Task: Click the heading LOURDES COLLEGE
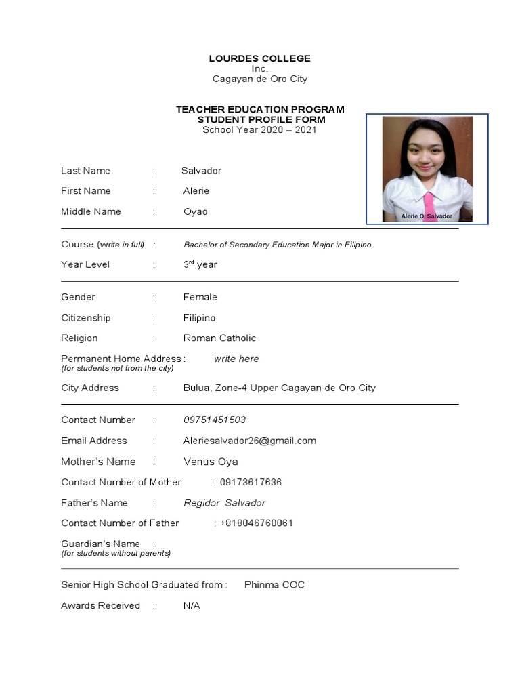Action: (260, 58)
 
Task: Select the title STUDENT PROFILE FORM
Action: (261, 119)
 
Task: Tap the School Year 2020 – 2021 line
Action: (260, 129)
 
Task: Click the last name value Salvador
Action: (201, 171)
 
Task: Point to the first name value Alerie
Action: (196, 191)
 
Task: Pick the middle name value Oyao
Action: (196, 211)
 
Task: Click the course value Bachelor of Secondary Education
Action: (278, 245)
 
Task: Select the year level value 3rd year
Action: (200, 264)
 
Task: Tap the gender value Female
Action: (200, 297)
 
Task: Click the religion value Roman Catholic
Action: (219, 338)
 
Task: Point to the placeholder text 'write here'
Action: (236, 359)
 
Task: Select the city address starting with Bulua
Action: (279, 388)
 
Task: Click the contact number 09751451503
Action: (215, 420)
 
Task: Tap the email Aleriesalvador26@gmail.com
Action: (250, 441)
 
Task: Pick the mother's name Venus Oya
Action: (211, 462)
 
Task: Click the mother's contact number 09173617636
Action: (251, 482)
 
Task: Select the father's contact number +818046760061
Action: (257, 523)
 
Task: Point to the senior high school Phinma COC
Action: (274, 584)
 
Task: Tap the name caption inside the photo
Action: (427, 216)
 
